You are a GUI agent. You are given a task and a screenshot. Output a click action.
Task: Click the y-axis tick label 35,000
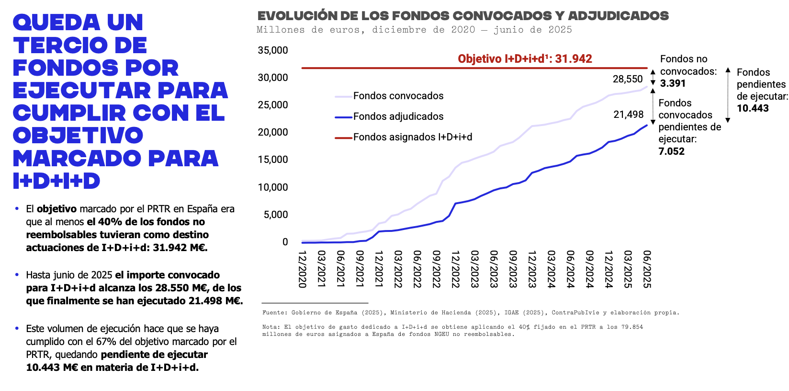273,50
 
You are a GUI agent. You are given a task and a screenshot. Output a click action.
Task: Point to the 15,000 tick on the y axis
273,160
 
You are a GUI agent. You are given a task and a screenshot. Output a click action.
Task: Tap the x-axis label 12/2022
455,269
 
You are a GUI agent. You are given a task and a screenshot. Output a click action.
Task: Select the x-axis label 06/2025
647,269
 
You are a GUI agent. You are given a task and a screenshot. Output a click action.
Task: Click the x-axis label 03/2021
321,269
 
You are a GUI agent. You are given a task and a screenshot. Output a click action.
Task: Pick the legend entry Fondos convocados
398,96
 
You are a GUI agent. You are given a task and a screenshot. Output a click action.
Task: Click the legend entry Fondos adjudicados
398,116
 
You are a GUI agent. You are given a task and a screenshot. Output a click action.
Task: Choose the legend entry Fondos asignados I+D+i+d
412,137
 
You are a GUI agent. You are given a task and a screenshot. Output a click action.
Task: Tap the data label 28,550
628,79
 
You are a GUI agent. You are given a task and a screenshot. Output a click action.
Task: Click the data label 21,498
629,115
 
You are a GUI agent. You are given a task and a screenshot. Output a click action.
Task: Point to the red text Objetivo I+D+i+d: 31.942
525,59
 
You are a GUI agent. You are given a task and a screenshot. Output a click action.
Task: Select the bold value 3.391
673,83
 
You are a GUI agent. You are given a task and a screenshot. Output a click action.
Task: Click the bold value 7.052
671,151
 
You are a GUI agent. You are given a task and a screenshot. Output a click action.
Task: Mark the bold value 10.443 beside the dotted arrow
753,108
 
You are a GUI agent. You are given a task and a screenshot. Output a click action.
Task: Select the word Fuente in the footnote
273,312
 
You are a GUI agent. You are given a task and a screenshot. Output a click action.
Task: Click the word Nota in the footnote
270,327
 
